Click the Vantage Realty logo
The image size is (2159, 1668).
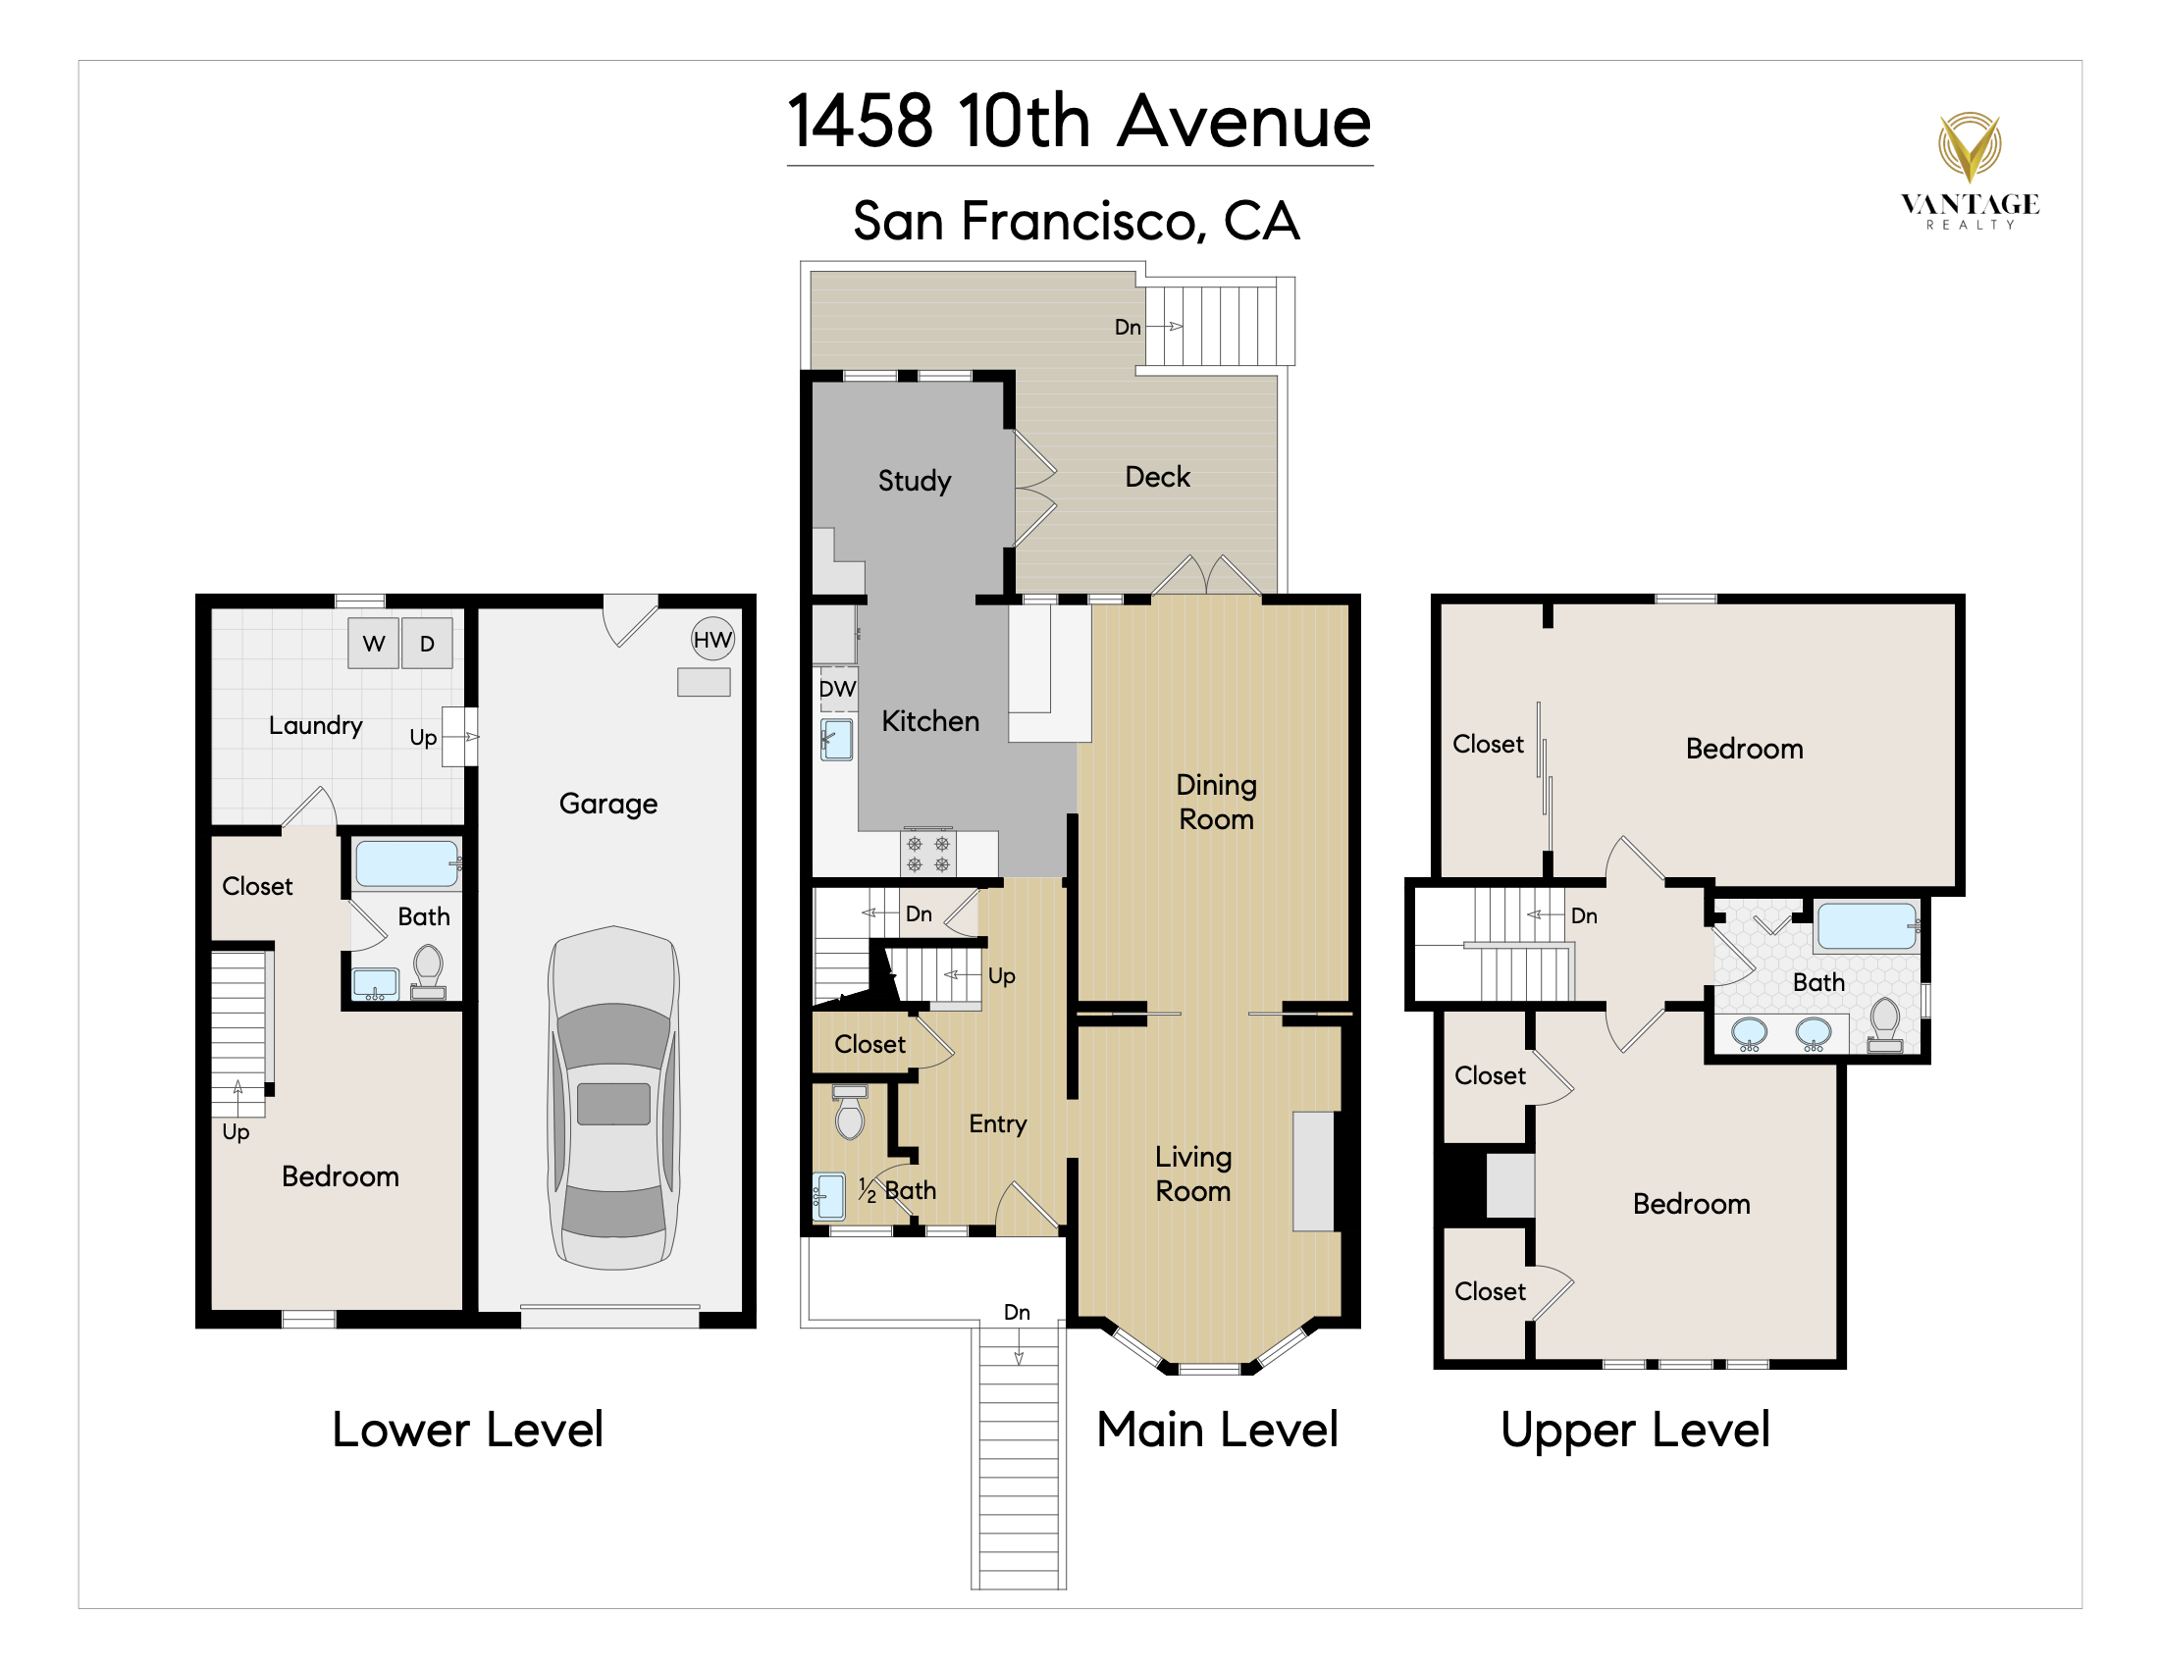click(x=1969, y=169)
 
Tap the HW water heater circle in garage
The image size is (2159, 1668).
click(x=711, y=640)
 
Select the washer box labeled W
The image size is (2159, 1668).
click(x=374, y=644)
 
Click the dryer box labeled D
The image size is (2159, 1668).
click(x=427, y=644)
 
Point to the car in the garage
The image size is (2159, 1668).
click(x=614, y=1097)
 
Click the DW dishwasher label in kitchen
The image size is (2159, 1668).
click(x=837, y=689)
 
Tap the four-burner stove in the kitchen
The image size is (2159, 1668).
click(x=928, y=854)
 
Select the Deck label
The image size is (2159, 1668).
click(x=1157, y=477)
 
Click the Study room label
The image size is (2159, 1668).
click(x=915, y=481)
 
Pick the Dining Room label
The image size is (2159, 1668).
click(x=1216, y=802)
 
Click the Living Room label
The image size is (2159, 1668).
click(x=1193, y=1173)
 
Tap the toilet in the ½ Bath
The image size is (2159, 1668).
click(x=849, y=1113)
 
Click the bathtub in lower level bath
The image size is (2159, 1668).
click(x=406, y=863)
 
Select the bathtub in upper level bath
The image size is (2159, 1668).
click(x=1867, y=927)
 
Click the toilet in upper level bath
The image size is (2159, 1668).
click(x=1884, y=1022)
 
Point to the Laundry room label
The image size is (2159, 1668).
click(x=315, y=725)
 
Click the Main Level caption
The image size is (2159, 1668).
click(x=1217, y=1430)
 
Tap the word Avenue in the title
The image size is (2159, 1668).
click(x=1244, y=122)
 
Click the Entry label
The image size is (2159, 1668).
click(x=997, y=1123)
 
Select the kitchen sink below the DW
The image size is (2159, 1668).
click(x=837, y=739)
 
